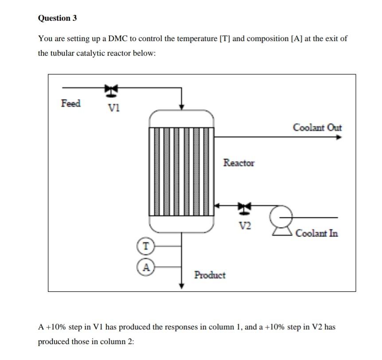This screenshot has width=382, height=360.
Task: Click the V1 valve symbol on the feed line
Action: (111, 90)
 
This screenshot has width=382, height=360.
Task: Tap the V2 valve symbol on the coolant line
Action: (244, 209)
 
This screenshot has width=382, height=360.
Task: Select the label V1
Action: (114, 108)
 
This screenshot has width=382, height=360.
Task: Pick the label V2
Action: (245, 226)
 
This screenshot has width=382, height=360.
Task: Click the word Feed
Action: (70, 103)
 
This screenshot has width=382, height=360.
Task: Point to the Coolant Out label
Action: (317, 127)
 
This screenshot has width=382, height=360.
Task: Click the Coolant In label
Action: (317, 233)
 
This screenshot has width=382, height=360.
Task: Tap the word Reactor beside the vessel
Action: (239, 163)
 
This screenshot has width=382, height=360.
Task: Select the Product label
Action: (210, 275)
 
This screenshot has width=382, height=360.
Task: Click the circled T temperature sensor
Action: (146, 246)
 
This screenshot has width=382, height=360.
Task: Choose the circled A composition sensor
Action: (146, 267)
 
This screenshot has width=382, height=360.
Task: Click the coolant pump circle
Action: (281, 217)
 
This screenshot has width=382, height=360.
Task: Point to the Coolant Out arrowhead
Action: (339, 137)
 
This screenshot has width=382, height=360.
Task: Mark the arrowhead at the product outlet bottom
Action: (182, 286)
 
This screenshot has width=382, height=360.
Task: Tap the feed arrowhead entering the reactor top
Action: (182, 107)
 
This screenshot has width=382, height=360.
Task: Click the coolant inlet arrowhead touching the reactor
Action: (217, 205)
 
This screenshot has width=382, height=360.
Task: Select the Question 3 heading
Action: (57, 18)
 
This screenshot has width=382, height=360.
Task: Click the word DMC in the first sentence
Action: (118, 39)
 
